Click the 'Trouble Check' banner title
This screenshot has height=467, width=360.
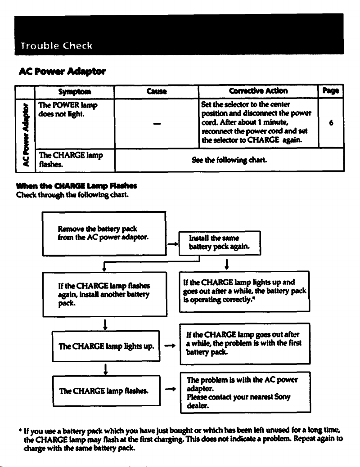[x=56, y=45]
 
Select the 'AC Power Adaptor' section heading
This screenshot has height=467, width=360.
[x=62, y=72]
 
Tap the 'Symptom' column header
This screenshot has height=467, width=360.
[x=75, y=91]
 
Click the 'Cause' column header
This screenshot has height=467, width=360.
[x=157, y=91]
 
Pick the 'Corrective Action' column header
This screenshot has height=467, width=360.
[x=258, y=91]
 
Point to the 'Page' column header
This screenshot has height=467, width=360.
[x=331, y=90]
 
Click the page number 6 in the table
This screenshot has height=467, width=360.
[x=331, y=123]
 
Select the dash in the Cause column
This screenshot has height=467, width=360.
[x=157, y=124]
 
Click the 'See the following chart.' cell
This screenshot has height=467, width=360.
[x=229, y=160]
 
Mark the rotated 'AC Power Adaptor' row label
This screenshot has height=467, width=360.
[x=26, y=135]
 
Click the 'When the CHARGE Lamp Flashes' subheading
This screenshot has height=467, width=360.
[x=76, y=186]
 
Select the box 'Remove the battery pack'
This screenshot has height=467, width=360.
[x=104, y=233]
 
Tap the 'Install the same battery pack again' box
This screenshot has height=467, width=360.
[x=220, y=243]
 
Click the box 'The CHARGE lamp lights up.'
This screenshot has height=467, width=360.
[x=106, y=346]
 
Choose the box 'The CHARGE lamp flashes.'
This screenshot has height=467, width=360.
[x=106, y=391]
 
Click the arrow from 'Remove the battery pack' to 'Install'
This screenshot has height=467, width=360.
[x=172, y=244]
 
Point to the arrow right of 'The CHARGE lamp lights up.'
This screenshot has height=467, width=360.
[x=170, y=346]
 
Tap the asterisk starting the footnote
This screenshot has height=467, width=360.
[x=20, y=431]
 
